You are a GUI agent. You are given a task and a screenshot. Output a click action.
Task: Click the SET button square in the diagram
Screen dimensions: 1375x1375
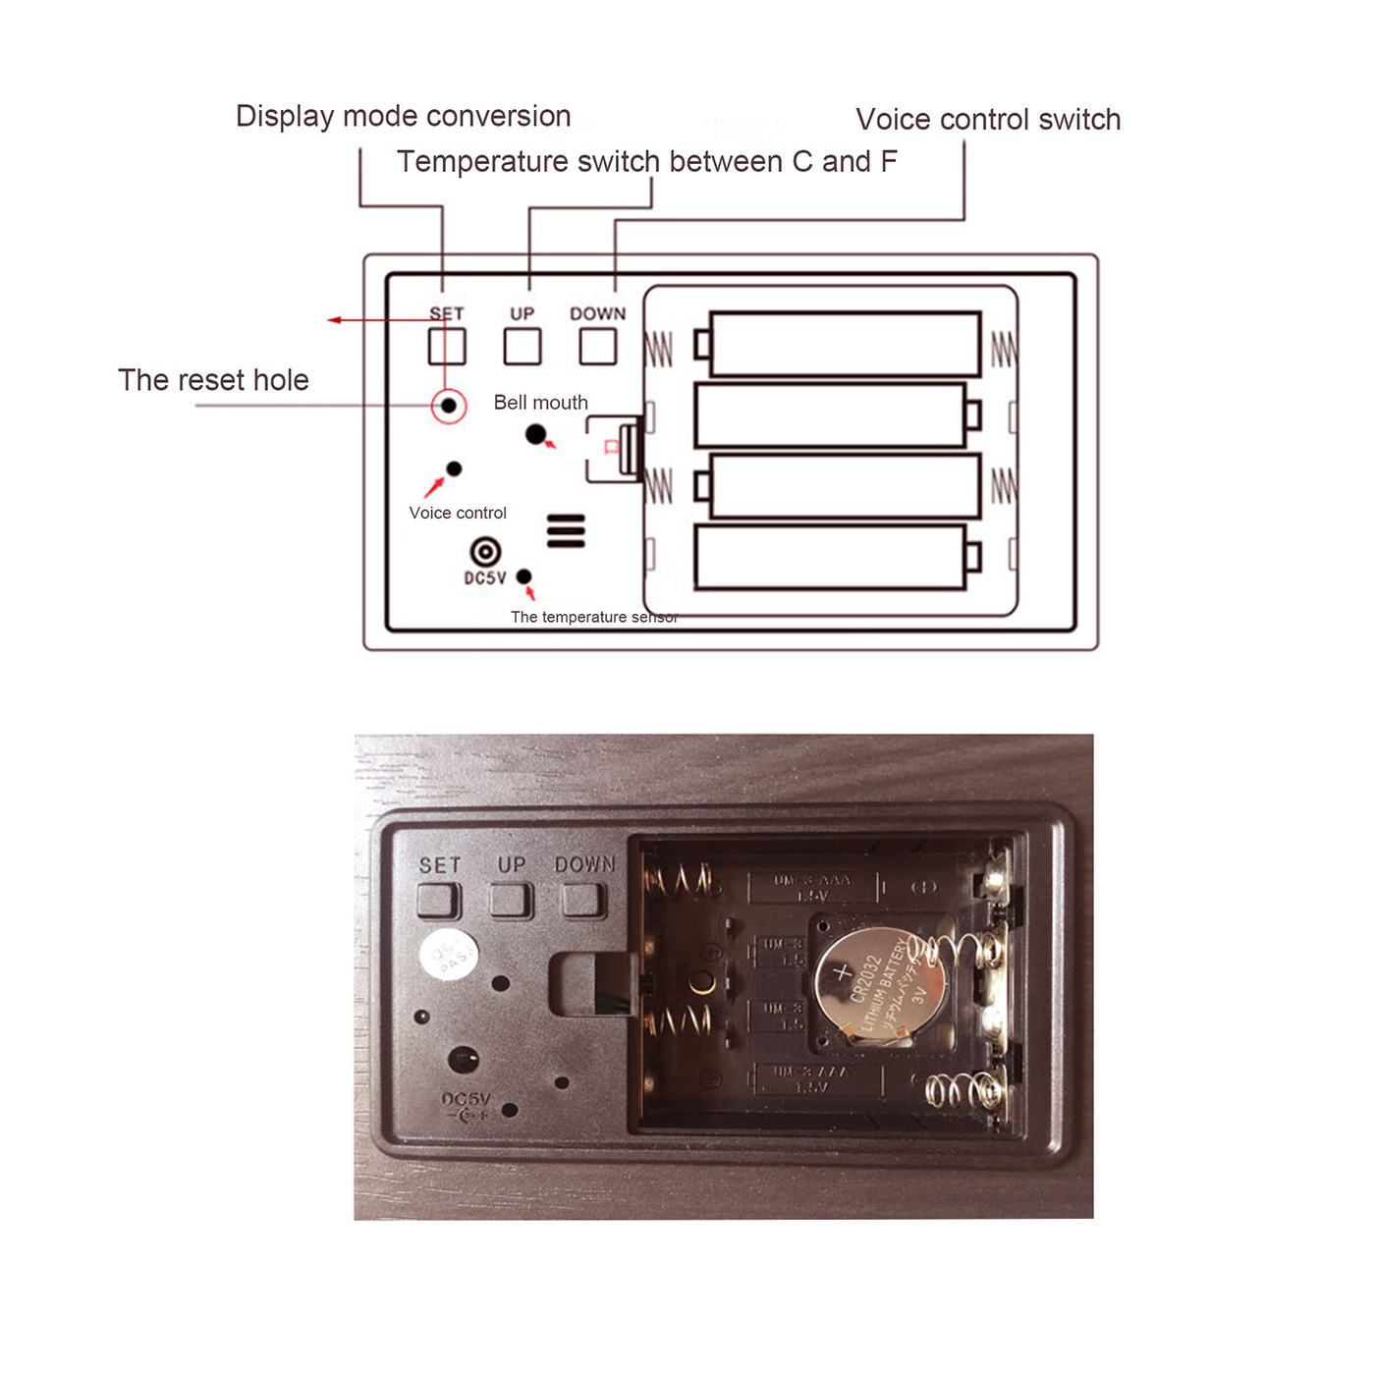point(447,347)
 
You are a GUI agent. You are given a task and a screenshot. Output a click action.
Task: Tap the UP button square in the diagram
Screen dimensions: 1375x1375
point(522,347)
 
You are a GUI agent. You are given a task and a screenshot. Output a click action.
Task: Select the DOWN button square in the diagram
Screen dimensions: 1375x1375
point(598,347)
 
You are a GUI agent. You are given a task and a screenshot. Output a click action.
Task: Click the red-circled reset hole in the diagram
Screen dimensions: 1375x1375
point(449,406)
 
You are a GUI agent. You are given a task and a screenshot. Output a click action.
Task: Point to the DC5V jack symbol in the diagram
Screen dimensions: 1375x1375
point(485,552)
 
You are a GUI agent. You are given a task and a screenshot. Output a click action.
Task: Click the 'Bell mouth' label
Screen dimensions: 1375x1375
point(540,403)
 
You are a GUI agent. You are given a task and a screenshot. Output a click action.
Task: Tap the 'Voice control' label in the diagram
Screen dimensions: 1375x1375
point(458,513)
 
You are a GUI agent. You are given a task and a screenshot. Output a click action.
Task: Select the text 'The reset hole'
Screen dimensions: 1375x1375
point(213,380)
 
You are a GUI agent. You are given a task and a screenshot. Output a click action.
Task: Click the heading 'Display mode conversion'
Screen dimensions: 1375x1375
point(403,116)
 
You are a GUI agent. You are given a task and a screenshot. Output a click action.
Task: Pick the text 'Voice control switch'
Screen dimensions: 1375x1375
point(988,120)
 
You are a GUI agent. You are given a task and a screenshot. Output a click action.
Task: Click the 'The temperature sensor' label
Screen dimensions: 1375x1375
point(594,617)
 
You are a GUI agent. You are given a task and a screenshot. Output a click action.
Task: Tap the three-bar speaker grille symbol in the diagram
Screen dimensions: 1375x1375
point(566,530)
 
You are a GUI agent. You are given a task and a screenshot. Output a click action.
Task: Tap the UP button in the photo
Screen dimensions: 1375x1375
point(512,900)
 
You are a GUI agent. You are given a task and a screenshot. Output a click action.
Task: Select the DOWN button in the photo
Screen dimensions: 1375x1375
point(582,900)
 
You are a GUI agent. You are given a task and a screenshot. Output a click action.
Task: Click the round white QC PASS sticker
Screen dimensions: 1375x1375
point(449,954)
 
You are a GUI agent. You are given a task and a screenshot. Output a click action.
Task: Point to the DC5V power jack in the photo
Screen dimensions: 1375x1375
point(463,1060)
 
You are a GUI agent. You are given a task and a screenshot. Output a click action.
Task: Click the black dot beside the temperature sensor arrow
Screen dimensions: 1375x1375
point(524,577)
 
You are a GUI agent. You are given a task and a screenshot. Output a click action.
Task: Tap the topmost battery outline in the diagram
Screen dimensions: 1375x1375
point(845,344)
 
